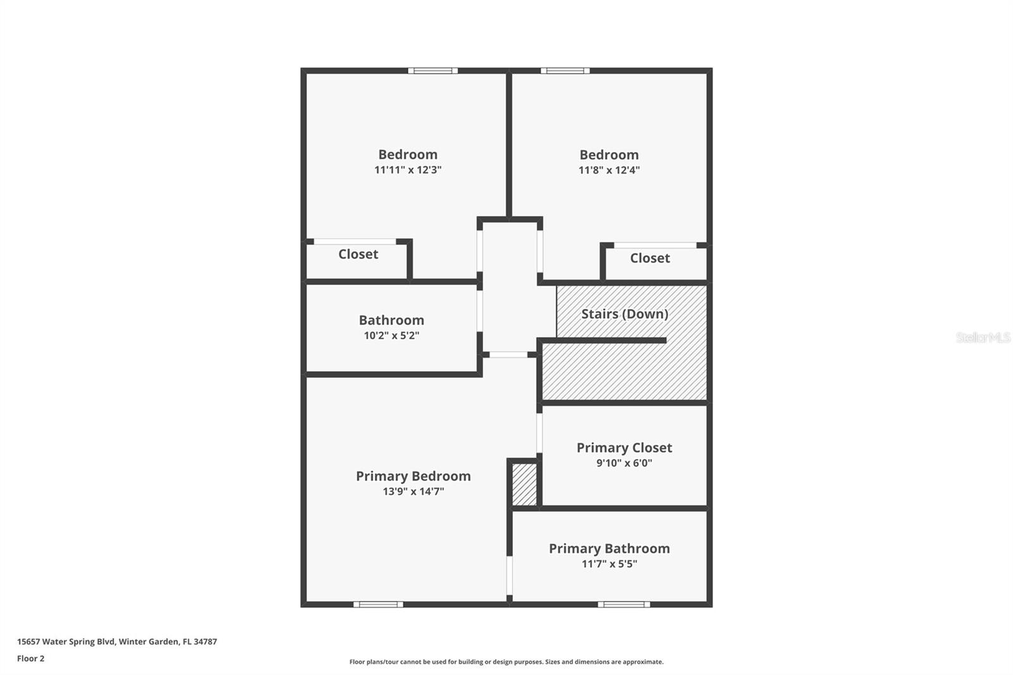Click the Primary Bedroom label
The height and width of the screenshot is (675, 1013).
[413, 476]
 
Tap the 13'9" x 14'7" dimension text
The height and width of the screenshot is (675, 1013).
[413, 491]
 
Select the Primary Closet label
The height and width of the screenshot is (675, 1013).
[624, 448]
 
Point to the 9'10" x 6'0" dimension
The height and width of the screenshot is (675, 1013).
[624, 463]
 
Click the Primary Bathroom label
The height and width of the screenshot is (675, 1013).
[609, 548]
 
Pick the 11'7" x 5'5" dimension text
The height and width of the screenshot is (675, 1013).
[609, 564]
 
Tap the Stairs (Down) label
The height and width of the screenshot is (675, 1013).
[624, 313]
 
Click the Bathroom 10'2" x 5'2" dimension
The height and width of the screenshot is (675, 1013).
[391, 336]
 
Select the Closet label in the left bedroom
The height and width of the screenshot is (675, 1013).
[358, 254]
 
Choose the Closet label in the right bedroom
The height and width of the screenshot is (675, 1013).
[650, 258]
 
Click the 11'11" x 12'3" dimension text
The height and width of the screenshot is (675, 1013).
[407, 170]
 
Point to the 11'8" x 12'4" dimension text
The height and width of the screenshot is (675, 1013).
[609, 170]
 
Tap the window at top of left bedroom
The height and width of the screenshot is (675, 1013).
[432, 70]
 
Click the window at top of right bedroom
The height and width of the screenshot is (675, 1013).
[565, 70]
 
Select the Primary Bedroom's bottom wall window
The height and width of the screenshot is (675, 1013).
[378, 604]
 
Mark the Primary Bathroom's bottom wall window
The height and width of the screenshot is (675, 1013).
[624, 604]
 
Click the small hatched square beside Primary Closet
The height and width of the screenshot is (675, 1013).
[524, 484]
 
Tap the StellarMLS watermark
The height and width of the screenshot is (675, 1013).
[983, 337]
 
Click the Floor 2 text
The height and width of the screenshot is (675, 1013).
[30, 659]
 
